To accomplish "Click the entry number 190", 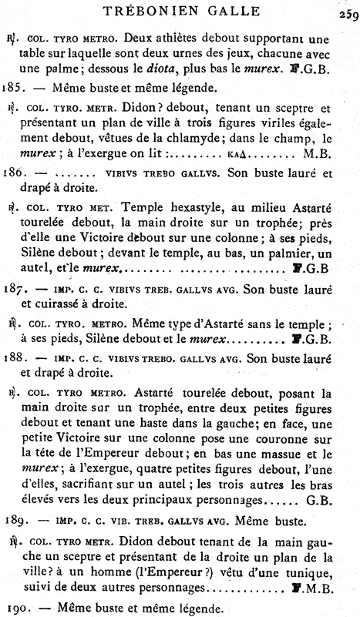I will [x=15, y=609].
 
